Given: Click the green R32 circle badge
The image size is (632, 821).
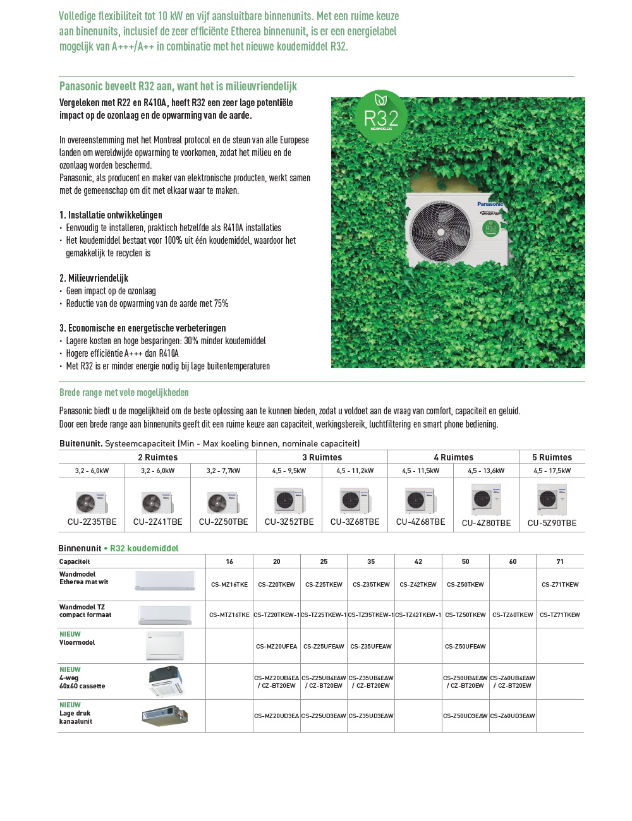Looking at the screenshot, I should [381, 116].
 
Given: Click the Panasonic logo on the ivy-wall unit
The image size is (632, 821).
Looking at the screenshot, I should [490, 204].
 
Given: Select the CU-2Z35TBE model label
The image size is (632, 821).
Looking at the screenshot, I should [92, 522].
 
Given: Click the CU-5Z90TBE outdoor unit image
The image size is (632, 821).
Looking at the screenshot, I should [552, 500].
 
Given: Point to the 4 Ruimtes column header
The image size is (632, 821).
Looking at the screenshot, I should [453, 457].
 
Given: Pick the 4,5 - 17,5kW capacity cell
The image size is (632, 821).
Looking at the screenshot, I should [552, 470].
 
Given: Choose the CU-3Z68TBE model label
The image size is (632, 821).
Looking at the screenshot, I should [355, 522].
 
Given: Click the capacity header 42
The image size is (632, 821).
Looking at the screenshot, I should [418, 561].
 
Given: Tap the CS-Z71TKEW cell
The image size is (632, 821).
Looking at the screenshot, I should [560, 585].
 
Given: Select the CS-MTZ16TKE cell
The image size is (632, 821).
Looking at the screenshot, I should [229, 615].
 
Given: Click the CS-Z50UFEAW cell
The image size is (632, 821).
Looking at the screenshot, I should [465, 647].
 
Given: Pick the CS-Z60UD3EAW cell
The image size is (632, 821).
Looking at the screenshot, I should [513, 716].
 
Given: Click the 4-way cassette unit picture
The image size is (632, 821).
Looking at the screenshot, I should [166, 681].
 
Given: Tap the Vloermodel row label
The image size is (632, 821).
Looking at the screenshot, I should [77, 643].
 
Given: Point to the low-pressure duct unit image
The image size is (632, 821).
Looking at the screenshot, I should [164, 716].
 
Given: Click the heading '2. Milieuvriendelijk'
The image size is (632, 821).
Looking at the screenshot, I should [94, 279].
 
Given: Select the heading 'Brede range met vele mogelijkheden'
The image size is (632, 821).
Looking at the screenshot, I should [124, 393].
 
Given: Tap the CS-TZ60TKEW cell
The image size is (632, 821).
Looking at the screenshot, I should [513, 615].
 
